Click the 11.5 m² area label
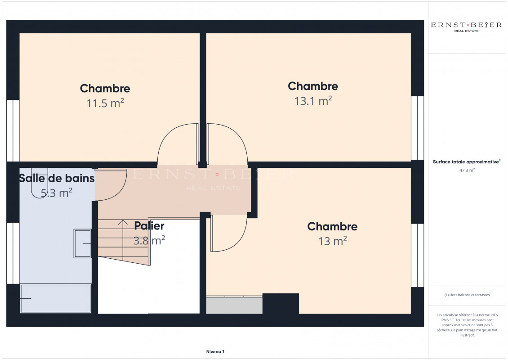105,103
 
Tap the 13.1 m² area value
313,101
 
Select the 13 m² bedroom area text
332,241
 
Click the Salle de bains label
57,178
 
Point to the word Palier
149,226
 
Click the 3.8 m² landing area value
149,240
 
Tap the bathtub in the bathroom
55,298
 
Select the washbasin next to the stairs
83,243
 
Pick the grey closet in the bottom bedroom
234,305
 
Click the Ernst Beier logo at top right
466,27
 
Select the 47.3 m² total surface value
467,171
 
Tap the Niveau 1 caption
215,351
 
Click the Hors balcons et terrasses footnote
467,295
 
